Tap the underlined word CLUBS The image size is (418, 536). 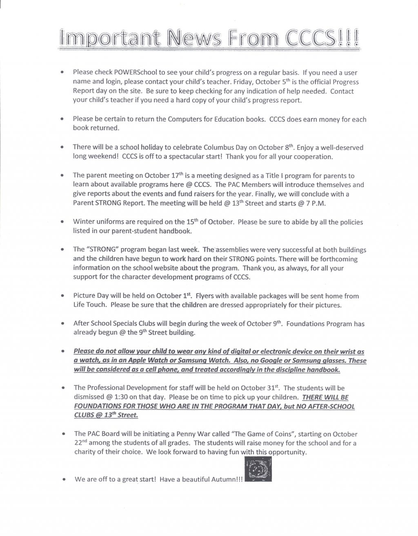83,415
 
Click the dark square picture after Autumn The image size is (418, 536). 258,469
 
